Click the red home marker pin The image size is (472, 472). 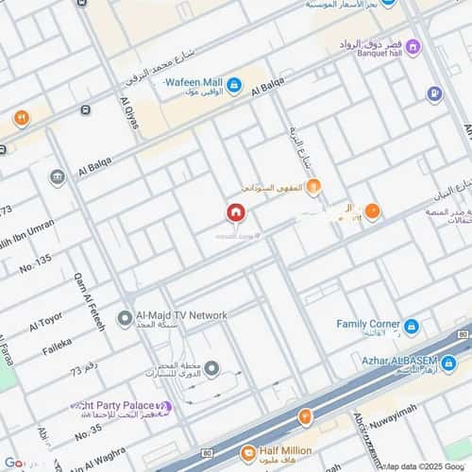coord(234,212)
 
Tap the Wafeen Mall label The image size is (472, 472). coord(194,82)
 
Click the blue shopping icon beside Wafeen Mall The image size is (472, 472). coord(234,86)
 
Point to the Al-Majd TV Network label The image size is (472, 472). coord(181,315)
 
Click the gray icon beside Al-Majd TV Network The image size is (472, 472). coord(124,318)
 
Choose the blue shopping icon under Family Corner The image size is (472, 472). coord(411,328)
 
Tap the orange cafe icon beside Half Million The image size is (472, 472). coord(246,454)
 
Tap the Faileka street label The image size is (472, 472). coord(57,346)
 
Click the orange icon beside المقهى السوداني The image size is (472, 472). coord(313,186)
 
